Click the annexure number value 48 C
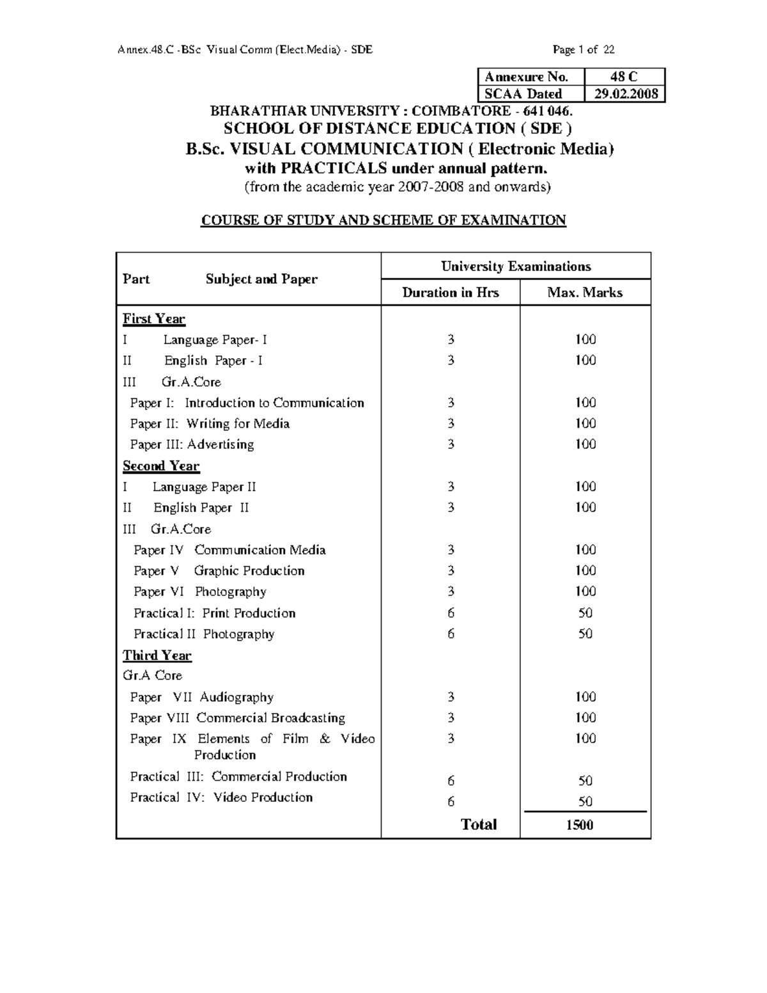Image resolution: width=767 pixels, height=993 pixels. tap(624, 77)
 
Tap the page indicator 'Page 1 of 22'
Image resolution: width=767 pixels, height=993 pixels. tap(584, 49)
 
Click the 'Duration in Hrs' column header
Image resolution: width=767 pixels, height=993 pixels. tap(450, 293)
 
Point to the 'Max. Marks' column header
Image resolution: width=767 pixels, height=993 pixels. tap(585, 293)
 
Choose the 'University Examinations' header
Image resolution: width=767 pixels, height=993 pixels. tap(516, 266)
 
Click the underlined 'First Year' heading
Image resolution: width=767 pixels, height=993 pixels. tap(153, 319)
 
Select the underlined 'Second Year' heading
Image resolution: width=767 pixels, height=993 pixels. tap(160, 466)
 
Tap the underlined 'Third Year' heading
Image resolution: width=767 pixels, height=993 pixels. tap(157, 655)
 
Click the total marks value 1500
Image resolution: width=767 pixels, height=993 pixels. tap(579, 825)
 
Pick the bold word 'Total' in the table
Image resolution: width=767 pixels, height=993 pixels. tap(479, 825)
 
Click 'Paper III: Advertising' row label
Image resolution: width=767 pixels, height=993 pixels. tap(192, 444)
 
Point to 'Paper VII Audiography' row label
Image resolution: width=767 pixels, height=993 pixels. tap(201, 697)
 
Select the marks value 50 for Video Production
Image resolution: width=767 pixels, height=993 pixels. tap(585, 802)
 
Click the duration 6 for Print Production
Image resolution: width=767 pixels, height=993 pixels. tap(451, 613)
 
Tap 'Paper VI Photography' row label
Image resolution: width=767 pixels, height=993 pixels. tap(199, 592)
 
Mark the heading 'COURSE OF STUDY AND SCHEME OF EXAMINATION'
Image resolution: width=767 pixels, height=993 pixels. tap(383, 221)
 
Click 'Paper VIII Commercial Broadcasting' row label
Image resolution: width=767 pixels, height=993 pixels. tap(237, 718)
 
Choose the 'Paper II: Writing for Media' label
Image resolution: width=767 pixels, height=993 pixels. tap(210, 424)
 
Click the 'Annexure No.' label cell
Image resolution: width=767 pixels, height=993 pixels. tap(526, 77)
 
